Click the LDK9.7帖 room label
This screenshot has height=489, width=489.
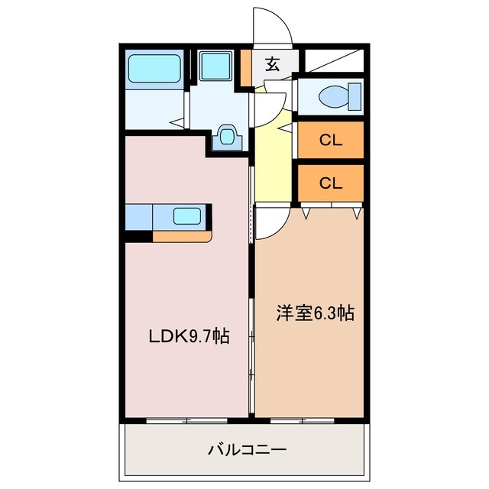(x=189, y=336)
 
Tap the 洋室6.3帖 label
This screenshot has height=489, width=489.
(x=315, y=313)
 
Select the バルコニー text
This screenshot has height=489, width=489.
(x=248, y=450)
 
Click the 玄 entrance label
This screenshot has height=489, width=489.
(x=272, y=64)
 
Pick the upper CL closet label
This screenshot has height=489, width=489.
(x=330, y=140)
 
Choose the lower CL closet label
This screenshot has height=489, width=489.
(x=330, y=183)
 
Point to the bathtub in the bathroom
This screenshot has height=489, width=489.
(x=155, y=69)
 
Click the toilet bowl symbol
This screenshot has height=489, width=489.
(x=333, y=96)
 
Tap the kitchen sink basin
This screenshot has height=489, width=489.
(x=186, y=215)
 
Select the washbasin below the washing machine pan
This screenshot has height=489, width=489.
(x=227, y=137)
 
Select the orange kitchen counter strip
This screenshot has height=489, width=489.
(x=181, y=236)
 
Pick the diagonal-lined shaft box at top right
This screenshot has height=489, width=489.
(x=334, y=60)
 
